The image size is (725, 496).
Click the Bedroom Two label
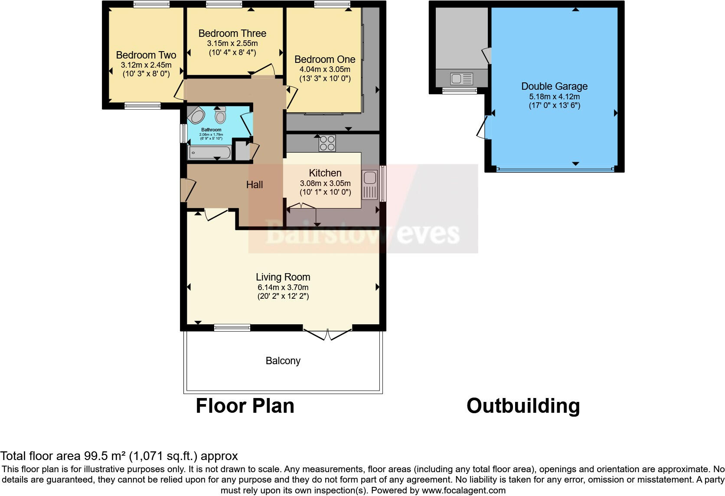tap(146, 55)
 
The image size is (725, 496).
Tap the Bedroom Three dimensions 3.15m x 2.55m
tap(232, 43)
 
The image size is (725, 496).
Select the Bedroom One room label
tap(325, 59)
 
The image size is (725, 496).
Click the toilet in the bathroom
tap(221, 116)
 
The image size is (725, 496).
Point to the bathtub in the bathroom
tap(210, 152)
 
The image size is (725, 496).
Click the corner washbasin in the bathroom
tap(196, 116)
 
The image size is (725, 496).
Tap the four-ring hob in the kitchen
tap(327, 143)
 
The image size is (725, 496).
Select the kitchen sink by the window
tap(370, 178)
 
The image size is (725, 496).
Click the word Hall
tap(255, 185)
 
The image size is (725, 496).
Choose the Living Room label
tap(283, 277)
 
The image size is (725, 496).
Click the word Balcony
tap(283, 361)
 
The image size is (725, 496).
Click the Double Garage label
tap(554, 86)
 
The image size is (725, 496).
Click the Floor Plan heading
tap(245, 406)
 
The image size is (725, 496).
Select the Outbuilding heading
tap(523, 406)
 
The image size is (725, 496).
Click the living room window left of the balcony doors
tap(232, 328)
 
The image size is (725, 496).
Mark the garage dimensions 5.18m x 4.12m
tap(554, 97)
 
